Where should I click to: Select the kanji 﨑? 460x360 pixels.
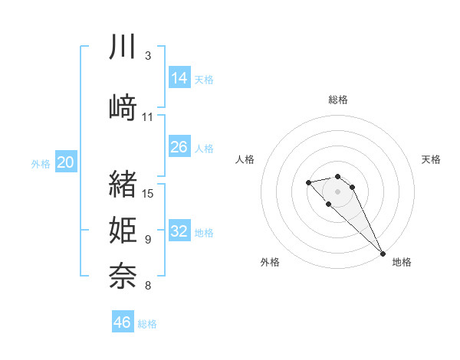(x=123, y=106)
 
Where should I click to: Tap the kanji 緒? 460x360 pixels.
(x=123, y=184)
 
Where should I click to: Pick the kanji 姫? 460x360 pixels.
(x=123, y=229)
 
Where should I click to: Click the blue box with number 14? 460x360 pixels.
(x=179, y=78)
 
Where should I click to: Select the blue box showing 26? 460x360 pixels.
(x=179, y=147)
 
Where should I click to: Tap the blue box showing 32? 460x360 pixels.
(x=179, y=231)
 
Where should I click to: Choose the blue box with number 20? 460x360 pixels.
(x=66, y=162)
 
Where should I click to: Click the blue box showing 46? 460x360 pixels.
(x=123, y=322)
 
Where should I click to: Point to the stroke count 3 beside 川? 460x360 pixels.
(x=147, y=56)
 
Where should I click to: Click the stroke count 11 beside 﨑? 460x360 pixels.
(x=148, y=116)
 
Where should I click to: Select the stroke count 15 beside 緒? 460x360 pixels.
(x=149, y=194)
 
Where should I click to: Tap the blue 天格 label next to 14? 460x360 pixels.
(x=204, y=79)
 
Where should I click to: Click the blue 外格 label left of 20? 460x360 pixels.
(x=40, y=163)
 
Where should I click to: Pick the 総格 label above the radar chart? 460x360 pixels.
(x=337, y=100)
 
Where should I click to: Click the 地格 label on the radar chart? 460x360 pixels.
(x=402, y=262)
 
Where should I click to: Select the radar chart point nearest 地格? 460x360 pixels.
(x=383, y=253)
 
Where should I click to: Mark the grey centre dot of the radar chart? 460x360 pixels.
(x=337, y=191)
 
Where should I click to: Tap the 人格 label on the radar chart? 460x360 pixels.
(x=245, y=159)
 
